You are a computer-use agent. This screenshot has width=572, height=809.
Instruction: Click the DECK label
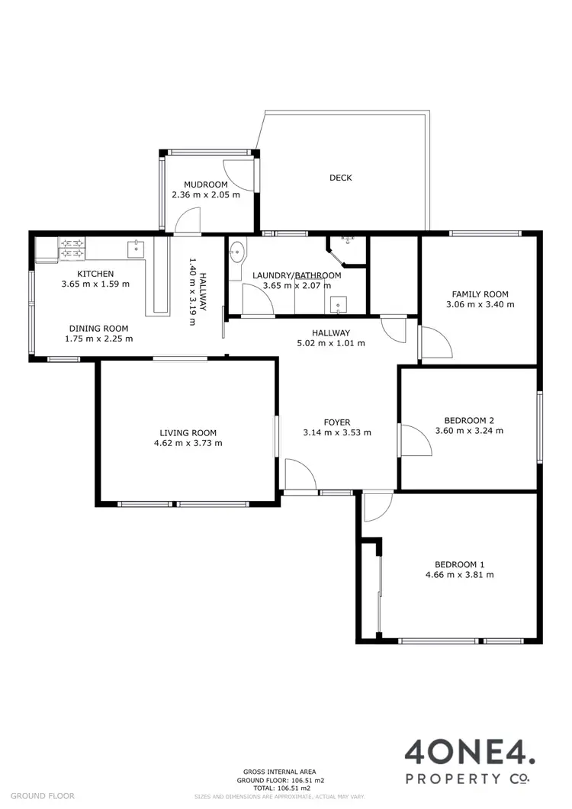pos(340,178)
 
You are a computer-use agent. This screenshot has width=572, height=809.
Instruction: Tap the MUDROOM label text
pos(206,185)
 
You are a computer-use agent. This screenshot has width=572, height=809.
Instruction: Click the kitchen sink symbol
pos(135,246)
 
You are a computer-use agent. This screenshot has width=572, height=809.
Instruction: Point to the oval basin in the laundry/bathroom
pos(238,250)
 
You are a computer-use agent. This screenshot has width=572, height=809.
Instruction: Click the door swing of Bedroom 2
pos(414,441)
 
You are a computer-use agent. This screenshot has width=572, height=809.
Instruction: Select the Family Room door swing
pos(434,342)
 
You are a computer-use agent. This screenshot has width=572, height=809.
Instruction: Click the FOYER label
pos(336,421)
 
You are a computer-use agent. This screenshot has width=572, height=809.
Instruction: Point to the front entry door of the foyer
pos(300,476)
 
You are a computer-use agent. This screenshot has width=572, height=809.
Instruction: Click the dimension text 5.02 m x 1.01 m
pos(330,343)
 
